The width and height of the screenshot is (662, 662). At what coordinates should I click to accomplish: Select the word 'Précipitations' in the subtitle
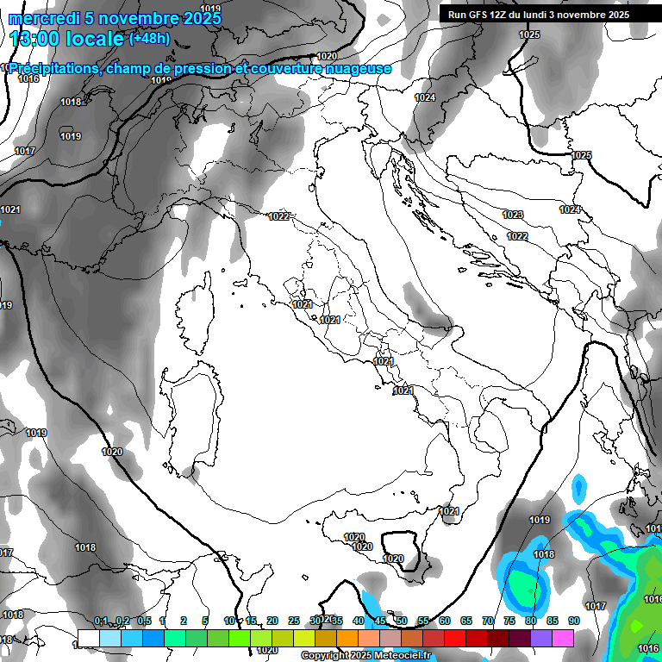[x=53, y=69]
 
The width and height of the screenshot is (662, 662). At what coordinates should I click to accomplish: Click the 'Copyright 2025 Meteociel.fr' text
[x=365, y=655]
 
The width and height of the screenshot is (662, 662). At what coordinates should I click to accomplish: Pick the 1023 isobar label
[x=513, y=215]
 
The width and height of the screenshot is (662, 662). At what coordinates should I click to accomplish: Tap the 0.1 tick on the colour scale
[x=101, y=621]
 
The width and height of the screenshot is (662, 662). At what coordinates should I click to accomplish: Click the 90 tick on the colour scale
[x=573, y=621]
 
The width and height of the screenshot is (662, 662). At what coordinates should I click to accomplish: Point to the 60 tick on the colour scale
[x=445, y=621]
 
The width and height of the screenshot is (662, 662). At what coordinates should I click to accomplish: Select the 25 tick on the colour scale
[x=294, y=621]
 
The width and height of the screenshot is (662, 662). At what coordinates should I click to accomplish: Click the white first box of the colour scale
[x=88, y=638]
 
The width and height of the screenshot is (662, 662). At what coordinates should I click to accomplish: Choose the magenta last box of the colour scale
[x=563, y=638]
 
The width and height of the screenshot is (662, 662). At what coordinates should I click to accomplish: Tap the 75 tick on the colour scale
[x=509, y=621]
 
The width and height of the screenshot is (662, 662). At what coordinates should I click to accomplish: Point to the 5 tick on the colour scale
[x=205, y=621]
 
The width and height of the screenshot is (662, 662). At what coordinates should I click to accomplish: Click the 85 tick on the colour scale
[x=552, y=621]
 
